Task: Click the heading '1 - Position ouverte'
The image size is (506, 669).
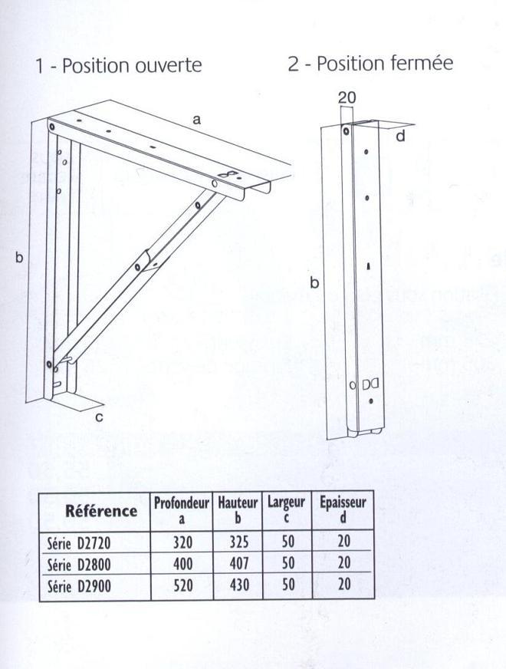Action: (118, 65)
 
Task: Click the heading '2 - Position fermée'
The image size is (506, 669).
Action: (370, 63)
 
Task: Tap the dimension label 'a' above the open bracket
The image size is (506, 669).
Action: (196, 120)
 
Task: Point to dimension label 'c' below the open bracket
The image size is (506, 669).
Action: (100, 417)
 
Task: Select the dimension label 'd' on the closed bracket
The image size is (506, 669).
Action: (401, 137)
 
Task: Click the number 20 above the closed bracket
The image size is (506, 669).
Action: (347, 97)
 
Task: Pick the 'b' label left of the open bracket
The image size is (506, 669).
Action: (19, 259)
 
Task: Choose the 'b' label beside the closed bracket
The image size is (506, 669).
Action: (314, 284)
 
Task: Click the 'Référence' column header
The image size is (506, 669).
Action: (101, 511)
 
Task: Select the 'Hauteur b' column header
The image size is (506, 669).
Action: (237, 511)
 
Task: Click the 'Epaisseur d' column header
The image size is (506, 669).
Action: (343, 511)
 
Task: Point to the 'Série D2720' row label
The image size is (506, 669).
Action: (79, 543)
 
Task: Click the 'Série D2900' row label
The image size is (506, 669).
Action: (79, 585)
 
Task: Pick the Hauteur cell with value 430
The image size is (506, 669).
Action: (238, 585)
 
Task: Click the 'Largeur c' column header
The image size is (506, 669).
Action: (287, 511)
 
